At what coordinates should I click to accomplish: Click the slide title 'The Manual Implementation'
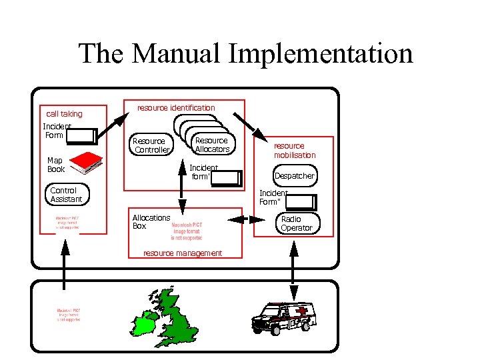tap(245, 53)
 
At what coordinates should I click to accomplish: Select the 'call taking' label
tap(64, 114)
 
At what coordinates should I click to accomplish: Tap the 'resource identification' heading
tap(176, 107)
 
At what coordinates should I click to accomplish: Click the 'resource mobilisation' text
tap(294, 151)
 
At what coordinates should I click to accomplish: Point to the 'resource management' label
tap(183, 253)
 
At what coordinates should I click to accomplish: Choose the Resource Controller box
tap(151, 145)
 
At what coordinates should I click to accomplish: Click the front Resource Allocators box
tap(211, 145)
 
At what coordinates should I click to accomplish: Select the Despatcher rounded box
tap(294, 176)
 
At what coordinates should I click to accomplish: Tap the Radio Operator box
tap(297, 223)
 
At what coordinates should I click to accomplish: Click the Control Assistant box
tap(67, 195)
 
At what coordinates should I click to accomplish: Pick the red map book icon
tap(86, 161)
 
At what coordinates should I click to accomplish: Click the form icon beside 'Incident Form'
tap(83, 136)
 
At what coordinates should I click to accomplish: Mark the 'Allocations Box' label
tap(151, 222)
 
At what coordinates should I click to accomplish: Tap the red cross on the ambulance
tap(303, 311)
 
